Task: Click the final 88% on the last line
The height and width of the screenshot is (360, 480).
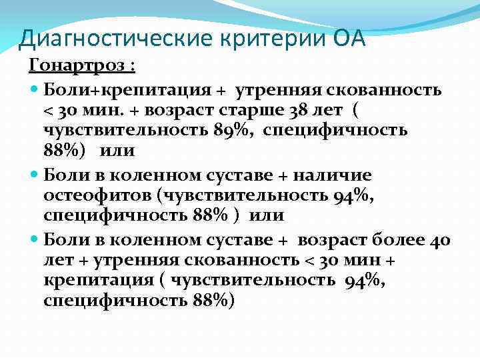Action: [210, 301]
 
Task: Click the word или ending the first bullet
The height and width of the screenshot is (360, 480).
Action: [117, 151]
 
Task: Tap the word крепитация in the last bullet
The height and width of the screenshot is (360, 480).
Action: [90, 281]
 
